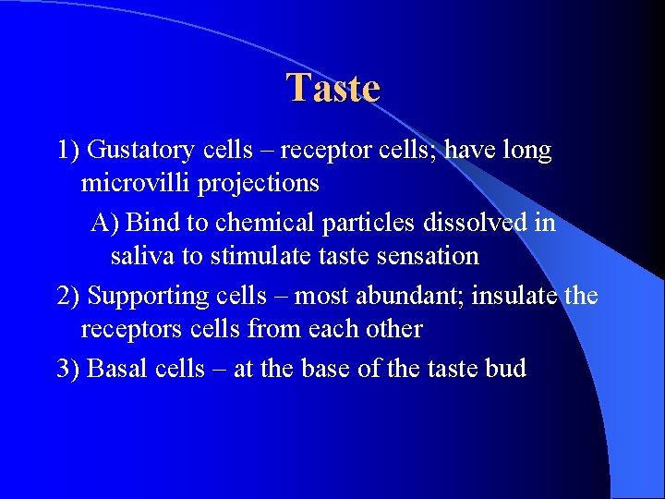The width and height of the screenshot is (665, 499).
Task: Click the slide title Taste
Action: point(332,89)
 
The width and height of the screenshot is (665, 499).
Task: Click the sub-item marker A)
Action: point(105,223)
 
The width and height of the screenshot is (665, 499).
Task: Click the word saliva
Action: point(138,256)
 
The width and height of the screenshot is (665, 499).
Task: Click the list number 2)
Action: point(68,296)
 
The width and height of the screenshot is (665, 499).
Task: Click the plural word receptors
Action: point(129,330)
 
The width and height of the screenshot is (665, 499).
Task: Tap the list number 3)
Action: point(68,369)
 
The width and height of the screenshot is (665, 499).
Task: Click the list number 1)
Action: point(68,151)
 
